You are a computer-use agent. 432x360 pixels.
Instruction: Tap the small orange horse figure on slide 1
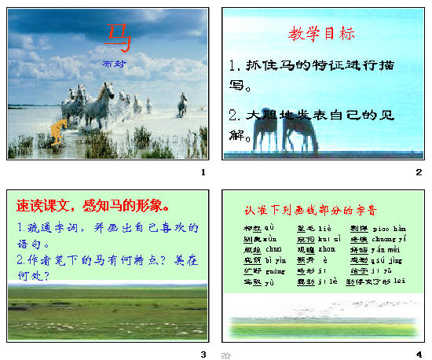(x=56, y=134)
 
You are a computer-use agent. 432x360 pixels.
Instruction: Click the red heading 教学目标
(x=322, y=34)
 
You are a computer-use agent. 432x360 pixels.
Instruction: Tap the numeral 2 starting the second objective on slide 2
(x=234, y=115)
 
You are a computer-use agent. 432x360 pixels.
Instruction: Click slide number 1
(x=203, y=172)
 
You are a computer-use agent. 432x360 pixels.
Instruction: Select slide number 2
(x=419, y=172)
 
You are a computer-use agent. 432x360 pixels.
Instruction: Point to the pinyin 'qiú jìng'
(x=394, y=259)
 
